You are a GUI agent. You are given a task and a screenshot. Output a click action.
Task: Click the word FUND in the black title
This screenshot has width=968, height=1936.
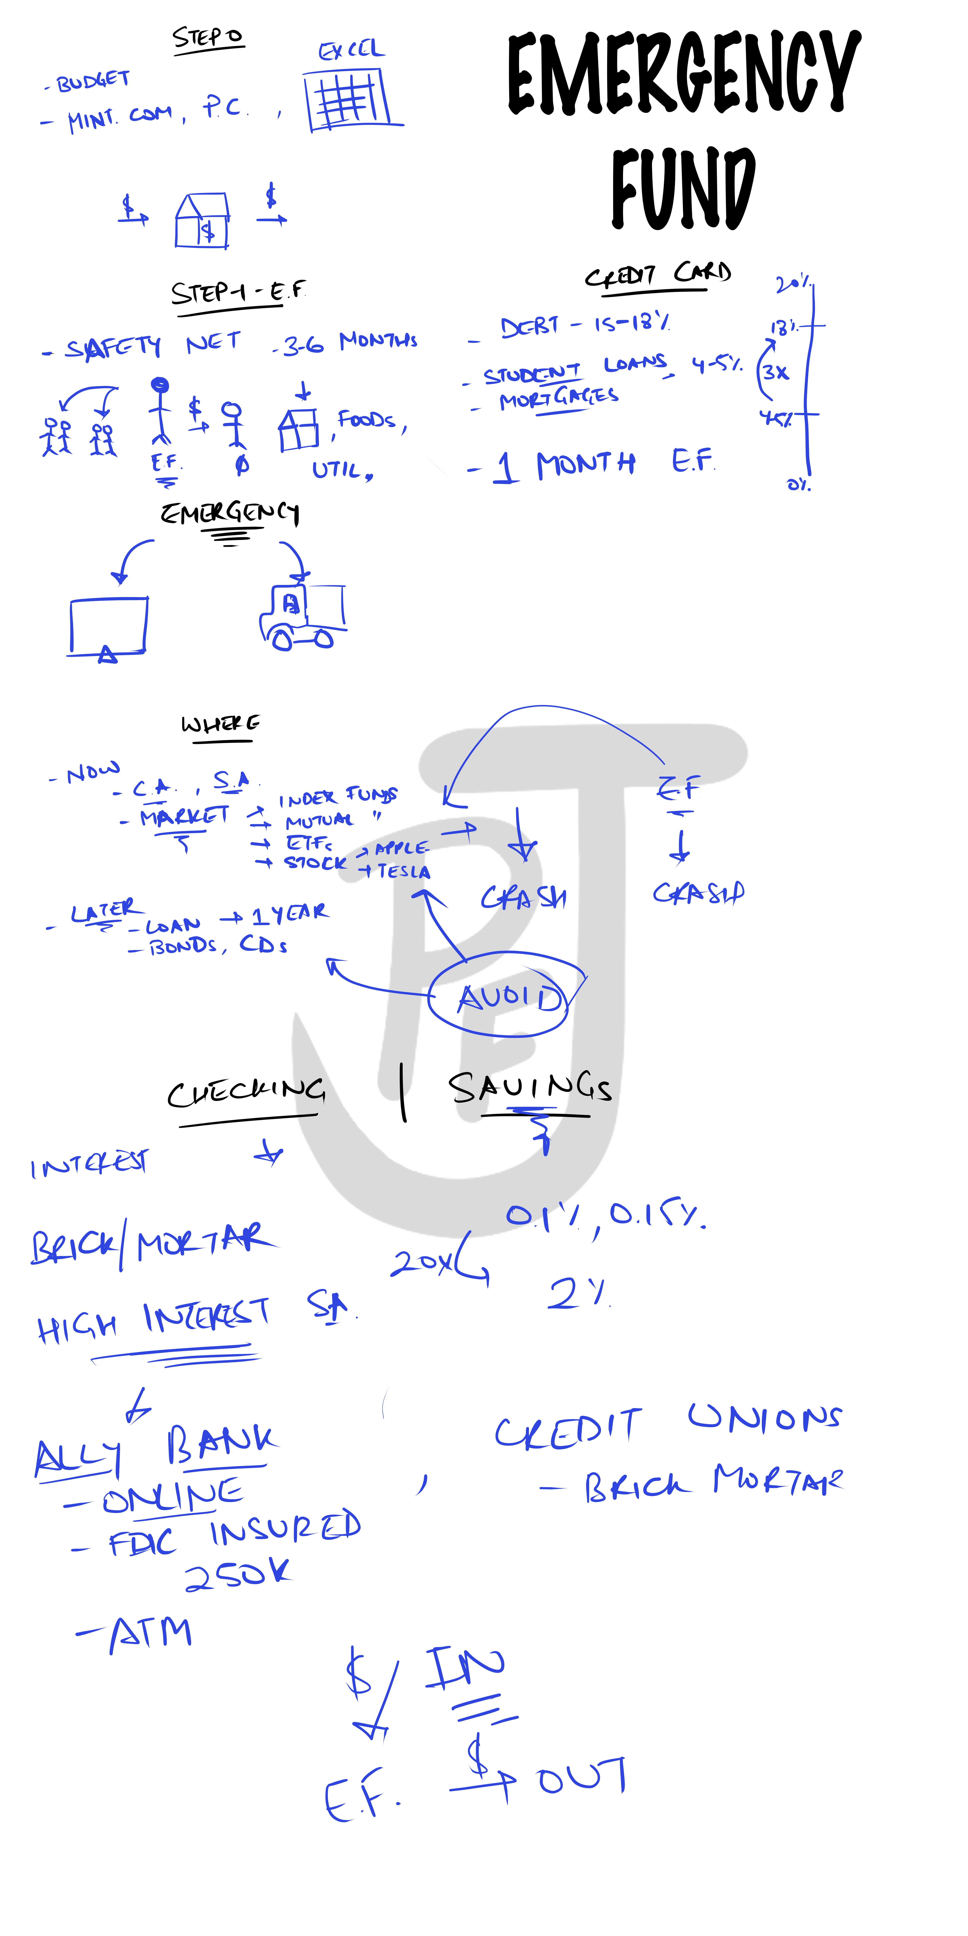[x=682, y=188]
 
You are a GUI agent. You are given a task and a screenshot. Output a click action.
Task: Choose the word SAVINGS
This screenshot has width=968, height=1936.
[x=530, y=1087]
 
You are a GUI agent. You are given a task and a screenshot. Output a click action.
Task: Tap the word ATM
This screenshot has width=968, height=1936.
[x=150, y=1633]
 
